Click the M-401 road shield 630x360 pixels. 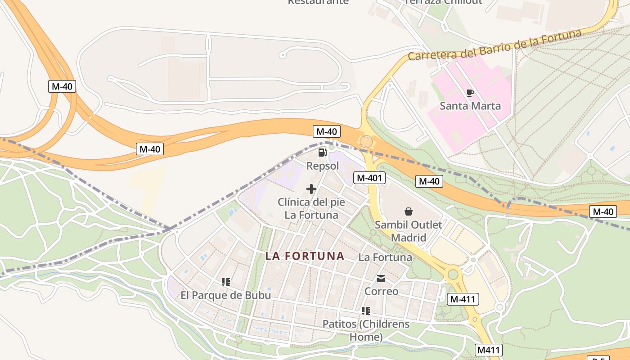[369, 178]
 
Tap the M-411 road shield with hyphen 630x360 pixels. [463, 299]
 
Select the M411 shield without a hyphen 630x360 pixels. [488, 350]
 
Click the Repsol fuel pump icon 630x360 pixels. [322, 153]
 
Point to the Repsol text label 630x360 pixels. [322, 166]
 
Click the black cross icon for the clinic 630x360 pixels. [311, 189]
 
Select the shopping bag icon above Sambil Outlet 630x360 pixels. [409, 211]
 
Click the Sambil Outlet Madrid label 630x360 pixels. [409, 231]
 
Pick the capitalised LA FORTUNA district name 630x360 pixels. [305, 256]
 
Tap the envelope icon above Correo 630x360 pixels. [381, 279]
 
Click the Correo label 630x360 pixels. [381, 291]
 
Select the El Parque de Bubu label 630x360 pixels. [226, 295]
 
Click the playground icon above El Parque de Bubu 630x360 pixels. [226, 282]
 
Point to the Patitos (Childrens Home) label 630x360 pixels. [366, 330]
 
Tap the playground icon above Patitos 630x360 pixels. [366, 311]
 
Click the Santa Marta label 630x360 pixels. [470, 106]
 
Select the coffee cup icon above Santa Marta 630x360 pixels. [470, 93]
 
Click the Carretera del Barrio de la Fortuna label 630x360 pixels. [495, 45]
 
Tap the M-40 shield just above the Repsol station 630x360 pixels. [327, 131]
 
